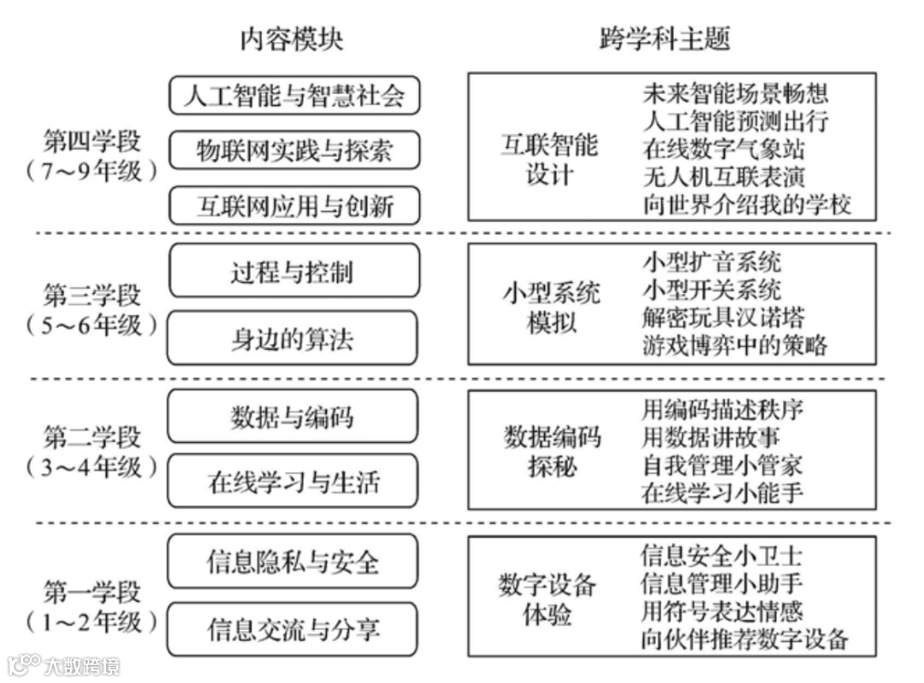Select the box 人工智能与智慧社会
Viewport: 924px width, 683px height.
point(294,96)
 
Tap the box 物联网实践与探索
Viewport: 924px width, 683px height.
point(294,150)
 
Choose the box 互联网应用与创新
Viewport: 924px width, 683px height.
point(294,206)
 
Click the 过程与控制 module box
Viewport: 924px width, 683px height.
point(294,273)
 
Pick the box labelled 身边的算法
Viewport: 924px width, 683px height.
point(294,339)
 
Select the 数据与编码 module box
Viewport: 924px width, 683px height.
point(294,418)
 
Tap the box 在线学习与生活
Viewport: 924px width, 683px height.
point(294,483)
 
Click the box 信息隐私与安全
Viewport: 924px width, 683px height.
point(294,562)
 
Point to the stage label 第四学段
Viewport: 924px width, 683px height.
point(92,141)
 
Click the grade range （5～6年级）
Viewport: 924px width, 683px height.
point(92,326)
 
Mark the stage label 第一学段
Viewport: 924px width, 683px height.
point(92,592)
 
